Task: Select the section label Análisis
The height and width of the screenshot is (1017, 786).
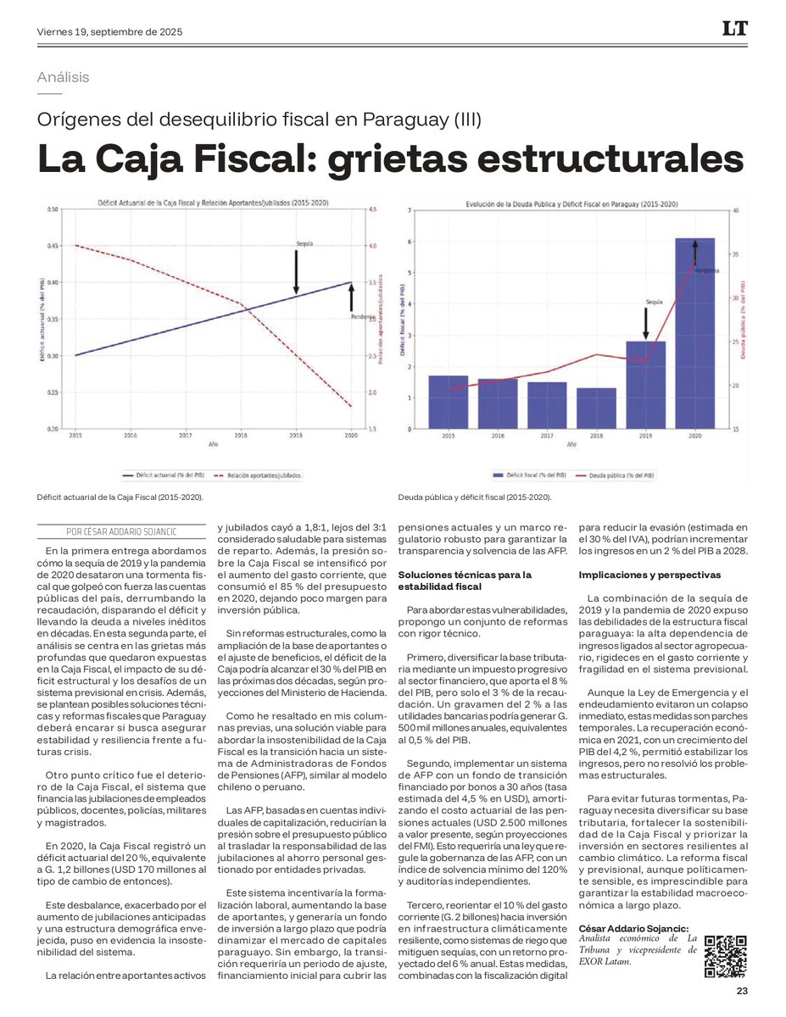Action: pos(64,77)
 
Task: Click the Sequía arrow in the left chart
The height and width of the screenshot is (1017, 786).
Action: pos(296,271)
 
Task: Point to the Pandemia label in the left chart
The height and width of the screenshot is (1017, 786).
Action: pos(363,317)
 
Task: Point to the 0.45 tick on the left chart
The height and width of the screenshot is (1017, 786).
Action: pos(53,246)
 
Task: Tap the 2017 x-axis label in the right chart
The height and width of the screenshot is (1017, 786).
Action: pos(547,436)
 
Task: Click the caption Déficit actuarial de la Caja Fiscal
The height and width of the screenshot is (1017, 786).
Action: pos(120,497)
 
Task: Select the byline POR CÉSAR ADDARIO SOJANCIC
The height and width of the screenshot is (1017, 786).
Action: pos(123,531)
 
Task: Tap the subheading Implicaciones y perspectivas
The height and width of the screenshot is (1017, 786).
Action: pos(649,575)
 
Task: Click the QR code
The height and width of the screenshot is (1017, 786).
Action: pos(726,957)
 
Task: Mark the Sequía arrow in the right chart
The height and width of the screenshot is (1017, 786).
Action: pos(645,322)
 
